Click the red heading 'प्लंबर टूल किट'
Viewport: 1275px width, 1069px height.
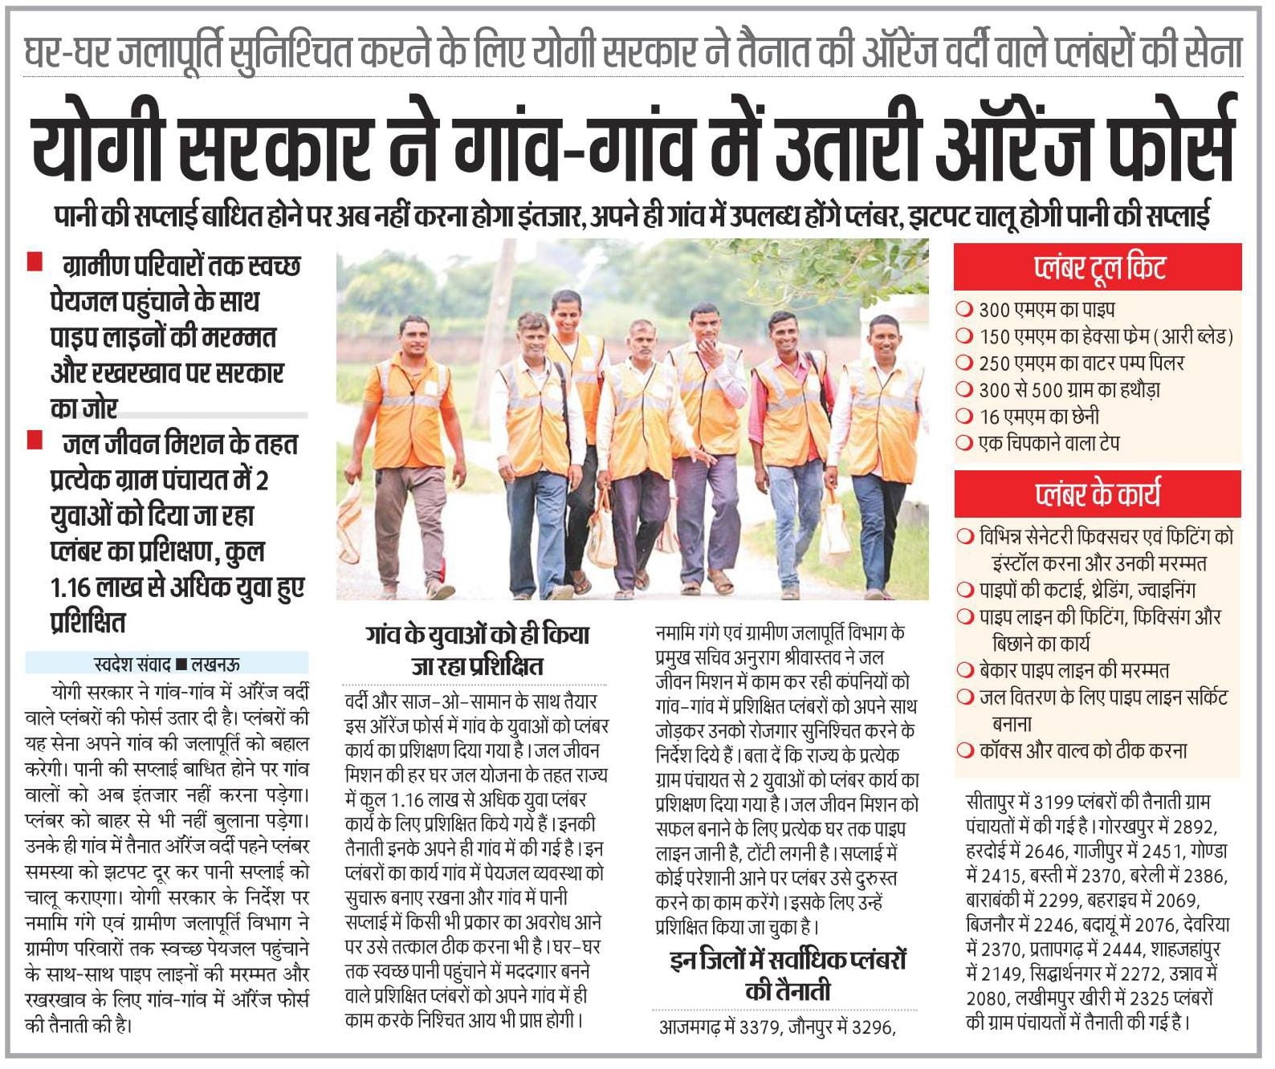[1098, 268]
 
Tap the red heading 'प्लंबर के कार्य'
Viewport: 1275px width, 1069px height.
[1097, 494]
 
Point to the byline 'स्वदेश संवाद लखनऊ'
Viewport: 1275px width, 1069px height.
[166, 664]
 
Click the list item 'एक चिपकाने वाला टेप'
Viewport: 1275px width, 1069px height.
[1049, 443]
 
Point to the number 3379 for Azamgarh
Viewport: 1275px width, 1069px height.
[760, 1027]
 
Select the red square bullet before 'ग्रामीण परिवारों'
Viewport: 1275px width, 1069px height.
[35, 262]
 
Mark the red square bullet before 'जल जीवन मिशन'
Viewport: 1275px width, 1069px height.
[35, 440]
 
